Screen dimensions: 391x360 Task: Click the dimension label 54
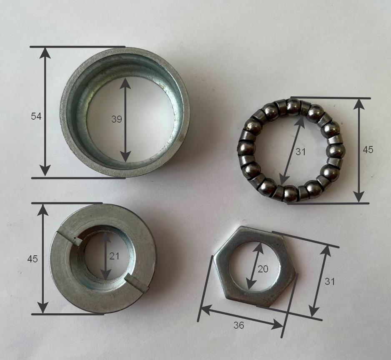(x=36, y=116)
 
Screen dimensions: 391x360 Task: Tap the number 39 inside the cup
(x=116, y=119)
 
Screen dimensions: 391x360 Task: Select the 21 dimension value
(x=114, y=256)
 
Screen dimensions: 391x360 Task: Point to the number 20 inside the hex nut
(x=263, y=269)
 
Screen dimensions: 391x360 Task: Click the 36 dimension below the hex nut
(x=238, y=325)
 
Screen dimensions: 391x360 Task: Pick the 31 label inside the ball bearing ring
(x=300, y=151)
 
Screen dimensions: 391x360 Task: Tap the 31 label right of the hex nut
(x=330, y=282)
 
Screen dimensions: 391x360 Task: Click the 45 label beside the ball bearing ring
(x=368, y=150)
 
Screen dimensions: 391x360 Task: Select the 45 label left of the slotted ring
(x=33, y=259)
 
